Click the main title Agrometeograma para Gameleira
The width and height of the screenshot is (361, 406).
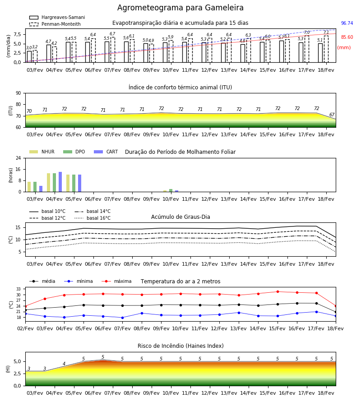(180, 8)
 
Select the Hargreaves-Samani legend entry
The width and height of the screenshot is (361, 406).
(57, 17)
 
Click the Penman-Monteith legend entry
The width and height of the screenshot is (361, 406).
(55, 24)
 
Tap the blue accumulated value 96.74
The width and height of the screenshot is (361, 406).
(347, 23)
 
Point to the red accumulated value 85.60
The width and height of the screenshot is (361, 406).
(347, 37)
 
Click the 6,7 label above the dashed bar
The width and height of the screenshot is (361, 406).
(112, 34)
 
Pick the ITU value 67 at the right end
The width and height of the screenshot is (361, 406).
(332, 115)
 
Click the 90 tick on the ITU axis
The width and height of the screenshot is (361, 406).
(19, 93)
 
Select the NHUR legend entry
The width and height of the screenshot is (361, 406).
(42, 152)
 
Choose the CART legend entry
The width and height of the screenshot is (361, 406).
(106, 152)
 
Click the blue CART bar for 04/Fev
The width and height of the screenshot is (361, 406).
(60, 182)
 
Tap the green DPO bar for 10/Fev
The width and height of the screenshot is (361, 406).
(171, 190)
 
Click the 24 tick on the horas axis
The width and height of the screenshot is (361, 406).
(19, 158)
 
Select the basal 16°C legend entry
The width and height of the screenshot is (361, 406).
(93, 218)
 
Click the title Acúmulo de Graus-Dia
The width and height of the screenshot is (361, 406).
(180, 217)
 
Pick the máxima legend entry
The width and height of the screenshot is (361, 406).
(116, 281)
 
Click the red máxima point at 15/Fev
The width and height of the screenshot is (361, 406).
(278, 291)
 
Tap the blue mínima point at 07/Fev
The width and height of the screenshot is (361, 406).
(122, 318)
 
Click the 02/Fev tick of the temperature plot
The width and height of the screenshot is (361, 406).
(25, 328)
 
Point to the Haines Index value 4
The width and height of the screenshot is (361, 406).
(64, 364)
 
